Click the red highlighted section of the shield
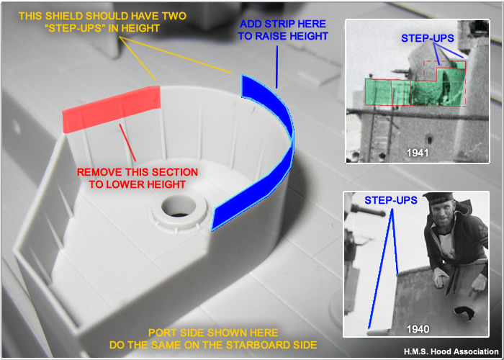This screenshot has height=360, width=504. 111,109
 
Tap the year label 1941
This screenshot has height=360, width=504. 418,153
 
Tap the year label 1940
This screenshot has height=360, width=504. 418,329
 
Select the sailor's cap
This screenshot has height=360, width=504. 438,197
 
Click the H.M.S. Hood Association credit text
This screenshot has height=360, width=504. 451,351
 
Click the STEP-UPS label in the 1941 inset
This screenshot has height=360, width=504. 428,38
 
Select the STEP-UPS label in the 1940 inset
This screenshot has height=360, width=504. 391,200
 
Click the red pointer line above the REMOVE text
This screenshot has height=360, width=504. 127,143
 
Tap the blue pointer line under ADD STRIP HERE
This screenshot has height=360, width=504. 276,66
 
